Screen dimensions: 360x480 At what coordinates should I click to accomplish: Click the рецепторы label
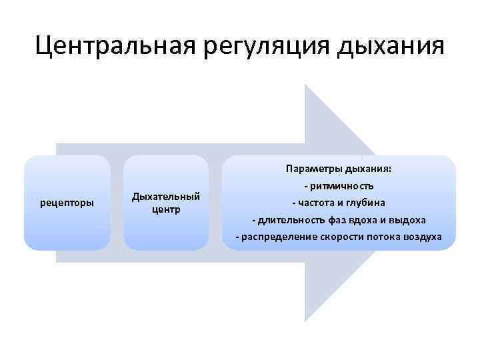[x=67, y=203]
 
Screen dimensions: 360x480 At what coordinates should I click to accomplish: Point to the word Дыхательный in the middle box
[x=166, y=197]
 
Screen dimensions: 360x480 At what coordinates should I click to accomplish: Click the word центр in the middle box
[x=166, y=209]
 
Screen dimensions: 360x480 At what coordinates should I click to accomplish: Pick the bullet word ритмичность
[x=342, y=185]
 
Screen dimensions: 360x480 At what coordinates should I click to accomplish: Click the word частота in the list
[x=316, y=203]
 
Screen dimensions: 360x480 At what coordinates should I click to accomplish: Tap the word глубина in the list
[x=367, y=203]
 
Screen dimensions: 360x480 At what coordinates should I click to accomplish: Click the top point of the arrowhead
[x=305, y=85]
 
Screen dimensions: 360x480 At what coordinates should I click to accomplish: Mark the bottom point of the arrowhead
[x=305, y=321]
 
